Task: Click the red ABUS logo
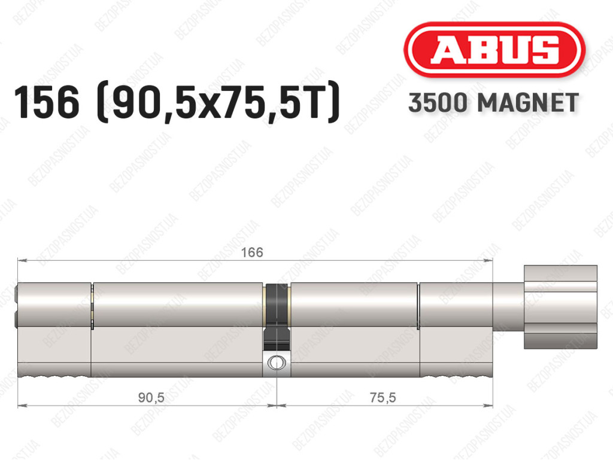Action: [x=494, y=50]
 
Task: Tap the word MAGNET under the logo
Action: [x=528, y=103]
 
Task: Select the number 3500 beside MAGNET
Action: [x=438, y=103]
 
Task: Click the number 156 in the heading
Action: [x=47, y=102]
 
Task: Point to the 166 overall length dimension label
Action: [x=252, y=252]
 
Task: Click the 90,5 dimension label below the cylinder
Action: [x=151, y=398]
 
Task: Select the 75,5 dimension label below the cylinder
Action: [x=383, y=398]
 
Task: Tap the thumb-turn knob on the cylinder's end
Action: [x=560, y=307]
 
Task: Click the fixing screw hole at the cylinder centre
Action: [x=277, y=362]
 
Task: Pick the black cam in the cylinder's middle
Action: [x=277, y=317]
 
